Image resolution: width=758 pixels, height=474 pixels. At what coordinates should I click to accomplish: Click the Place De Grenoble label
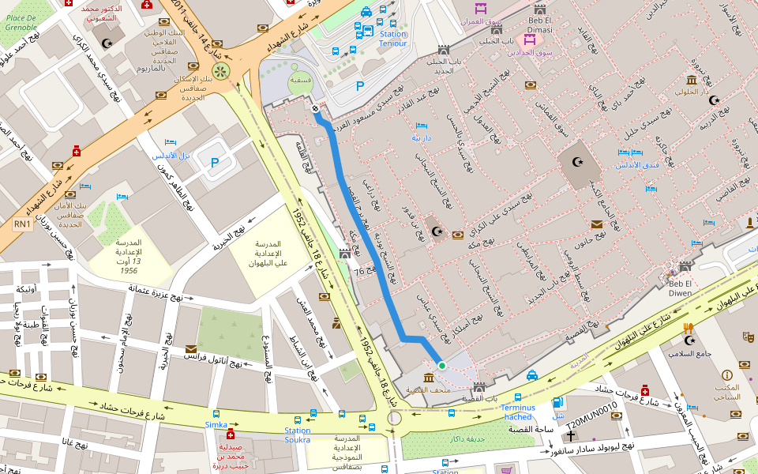(x=21, y=21)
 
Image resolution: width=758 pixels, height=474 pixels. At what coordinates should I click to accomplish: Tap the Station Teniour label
(x=393, y=39)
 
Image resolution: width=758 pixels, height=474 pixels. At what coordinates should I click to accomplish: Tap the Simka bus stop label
(x=216, y=424)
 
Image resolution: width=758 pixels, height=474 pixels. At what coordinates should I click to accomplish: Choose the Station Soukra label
(x=298, y=434)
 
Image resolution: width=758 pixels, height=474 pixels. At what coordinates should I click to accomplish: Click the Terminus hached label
(x=518, y=412)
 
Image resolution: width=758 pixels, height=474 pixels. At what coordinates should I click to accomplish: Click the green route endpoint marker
(x=442, y=365)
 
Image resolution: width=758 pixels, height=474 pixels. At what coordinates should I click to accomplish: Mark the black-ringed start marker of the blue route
(x=316, y=108)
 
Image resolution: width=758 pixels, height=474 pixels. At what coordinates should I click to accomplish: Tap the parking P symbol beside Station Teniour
(x=361, y=86)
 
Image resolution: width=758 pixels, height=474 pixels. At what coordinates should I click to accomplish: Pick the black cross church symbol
(x=570, y=435)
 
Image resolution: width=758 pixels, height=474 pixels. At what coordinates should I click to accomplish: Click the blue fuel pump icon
(x=559, y=403)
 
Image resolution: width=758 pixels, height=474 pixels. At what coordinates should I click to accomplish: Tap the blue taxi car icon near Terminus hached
(x=533, y=374)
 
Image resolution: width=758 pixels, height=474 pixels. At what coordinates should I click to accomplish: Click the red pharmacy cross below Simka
(x=231, y=435)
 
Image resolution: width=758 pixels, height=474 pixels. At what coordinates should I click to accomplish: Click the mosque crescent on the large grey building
(x=577, y=162)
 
